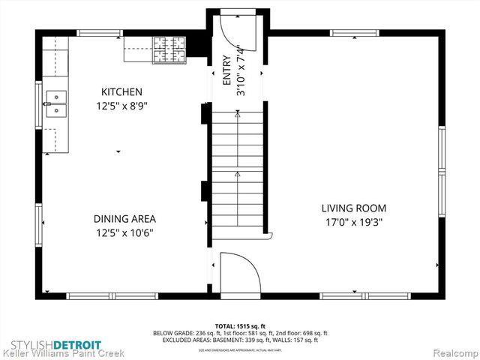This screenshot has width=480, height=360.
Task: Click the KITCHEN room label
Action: point(121,91)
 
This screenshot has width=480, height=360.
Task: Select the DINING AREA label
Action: point(124,219)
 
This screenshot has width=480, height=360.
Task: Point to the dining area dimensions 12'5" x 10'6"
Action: point(124,232)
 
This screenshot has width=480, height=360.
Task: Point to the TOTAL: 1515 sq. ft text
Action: point(240,326)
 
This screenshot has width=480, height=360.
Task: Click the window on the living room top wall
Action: point(355,32)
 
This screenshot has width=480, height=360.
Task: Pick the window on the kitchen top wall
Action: point(100,32)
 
